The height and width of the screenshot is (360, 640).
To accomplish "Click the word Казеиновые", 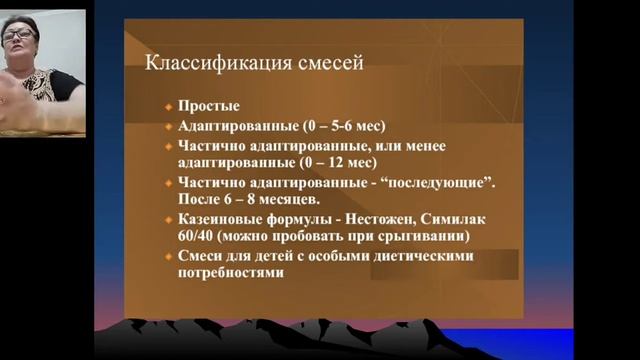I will (x=221, y=220).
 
